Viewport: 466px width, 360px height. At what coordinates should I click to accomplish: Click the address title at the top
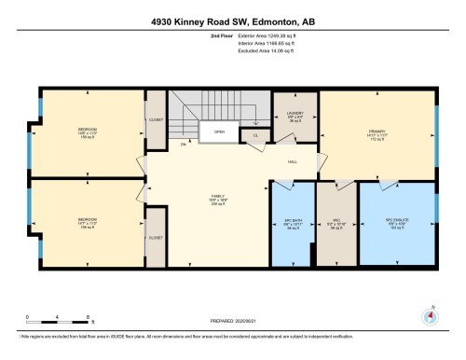tap(233, 21)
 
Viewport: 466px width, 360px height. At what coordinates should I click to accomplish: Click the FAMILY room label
tap(216, 200)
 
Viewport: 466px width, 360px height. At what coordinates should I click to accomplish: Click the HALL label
tap(293, 161)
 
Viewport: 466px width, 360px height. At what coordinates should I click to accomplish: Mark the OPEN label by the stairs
tap(219, 132)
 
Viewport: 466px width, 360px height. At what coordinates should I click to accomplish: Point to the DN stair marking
tap(184, 145)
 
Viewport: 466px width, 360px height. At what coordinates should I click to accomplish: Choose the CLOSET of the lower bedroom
tap(155, 237)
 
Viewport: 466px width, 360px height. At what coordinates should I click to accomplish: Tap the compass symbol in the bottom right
tap(429, 316)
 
